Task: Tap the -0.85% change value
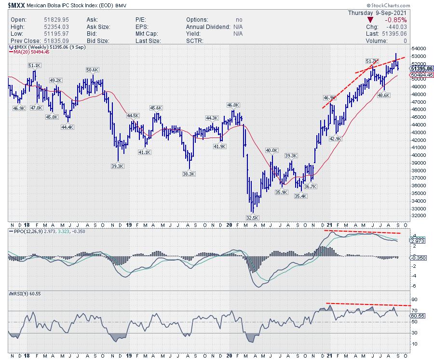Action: click(396, 20)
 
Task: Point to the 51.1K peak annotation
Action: click(34, 65)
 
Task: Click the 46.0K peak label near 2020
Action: click(233, 105)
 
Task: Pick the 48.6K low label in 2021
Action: click(384, 95)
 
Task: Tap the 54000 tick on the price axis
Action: click(418, 48)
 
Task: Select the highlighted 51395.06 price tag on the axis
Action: click(421, 69)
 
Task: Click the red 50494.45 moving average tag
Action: click(421, 75)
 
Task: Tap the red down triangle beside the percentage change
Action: click(370, 20)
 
